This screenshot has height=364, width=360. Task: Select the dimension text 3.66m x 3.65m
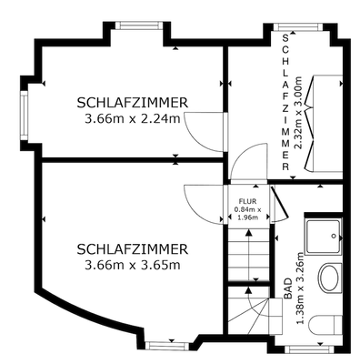click(x=133, y=265)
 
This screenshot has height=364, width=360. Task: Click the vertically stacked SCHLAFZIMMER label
click(x=286, y=103)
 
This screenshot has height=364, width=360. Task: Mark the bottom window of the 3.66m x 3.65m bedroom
click(x=170, y=343)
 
